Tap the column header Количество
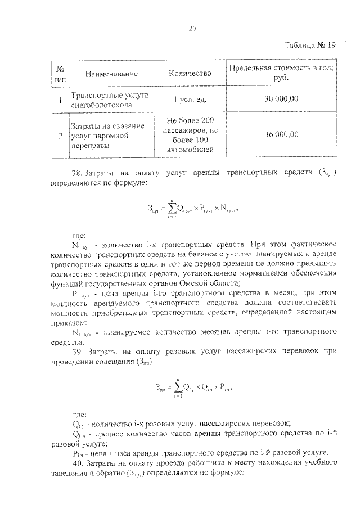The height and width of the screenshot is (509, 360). coord(190,73)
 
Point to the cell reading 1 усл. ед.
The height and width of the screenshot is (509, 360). coord(190,99)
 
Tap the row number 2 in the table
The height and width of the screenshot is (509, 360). coord(60,134)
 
